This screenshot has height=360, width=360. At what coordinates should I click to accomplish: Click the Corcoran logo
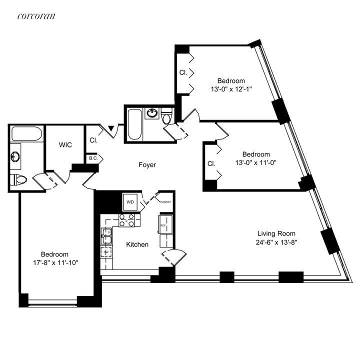pyautogui.click(x=36, y=16)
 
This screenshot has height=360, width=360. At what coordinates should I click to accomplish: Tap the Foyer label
pyautogui.click(x=147, y=164)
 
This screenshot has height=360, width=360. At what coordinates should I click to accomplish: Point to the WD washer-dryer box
pyautogui.click(x=130, y=202)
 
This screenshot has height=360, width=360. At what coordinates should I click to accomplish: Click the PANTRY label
pyautogui.click(x=165, y=202)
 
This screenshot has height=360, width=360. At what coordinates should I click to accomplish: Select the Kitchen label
pyautogui.click(x=137, y=244)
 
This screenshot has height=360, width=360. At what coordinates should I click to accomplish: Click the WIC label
pyautogui.click(x=65, y=145)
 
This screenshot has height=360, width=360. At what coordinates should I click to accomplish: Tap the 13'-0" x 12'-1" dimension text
pyautogui.click(x=231, y=89)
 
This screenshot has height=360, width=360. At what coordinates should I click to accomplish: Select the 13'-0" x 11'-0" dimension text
pyautogui.click(x=255, y=163)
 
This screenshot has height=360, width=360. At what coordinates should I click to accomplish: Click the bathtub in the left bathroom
pyautogui.click(x=28, y=133)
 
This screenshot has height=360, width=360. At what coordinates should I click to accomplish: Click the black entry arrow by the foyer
pyautogui.click(x=112, y=131)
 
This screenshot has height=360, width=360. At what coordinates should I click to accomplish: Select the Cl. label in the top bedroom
pyautogui.click(x=183, y=72)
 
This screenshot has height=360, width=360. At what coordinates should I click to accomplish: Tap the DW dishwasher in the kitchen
pyautogui.click(x=106, y=252)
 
